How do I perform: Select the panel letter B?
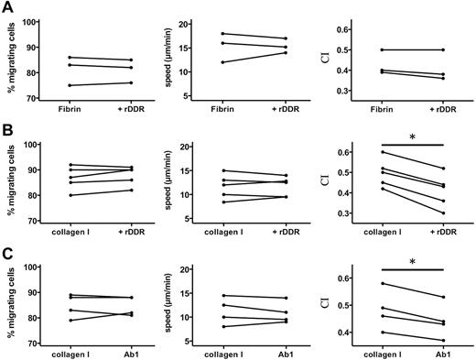[x=7, y=129]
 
